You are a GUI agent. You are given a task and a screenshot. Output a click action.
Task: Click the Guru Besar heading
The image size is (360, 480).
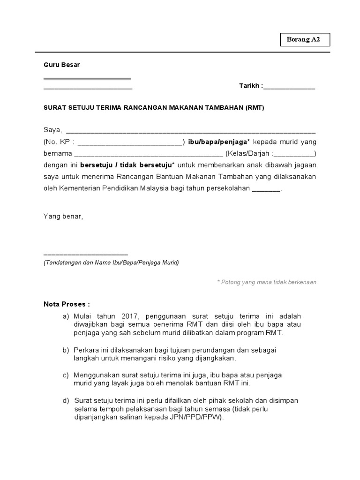tap(62, 65)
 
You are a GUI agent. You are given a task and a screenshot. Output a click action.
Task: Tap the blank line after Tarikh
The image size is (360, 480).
tap(289, 88)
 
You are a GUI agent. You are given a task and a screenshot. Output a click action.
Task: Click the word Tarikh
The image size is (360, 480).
tap(250, 87)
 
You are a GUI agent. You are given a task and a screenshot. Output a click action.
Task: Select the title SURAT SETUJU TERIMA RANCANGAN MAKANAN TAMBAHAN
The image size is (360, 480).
tap(154, 107)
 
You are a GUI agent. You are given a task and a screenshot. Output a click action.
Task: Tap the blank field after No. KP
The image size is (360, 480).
tap(129, 142)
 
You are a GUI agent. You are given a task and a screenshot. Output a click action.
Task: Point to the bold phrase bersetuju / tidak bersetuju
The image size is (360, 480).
tap(127, 165)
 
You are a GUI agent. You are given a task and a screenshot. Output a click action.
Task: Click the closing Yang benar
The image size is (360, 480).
tap(63, 217)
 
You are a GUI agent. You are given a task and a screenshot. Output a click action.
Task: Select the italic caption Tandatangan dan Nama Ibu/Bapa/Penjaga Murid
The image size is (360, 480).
tap(111, 262)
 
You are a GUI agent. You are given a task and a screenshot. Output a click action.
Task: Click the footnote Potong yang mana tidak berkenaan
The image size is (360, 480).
tap(266, 282)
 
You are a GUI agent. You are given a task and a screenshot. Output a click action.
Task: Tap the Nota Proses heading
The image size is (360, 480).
tap(67, 304)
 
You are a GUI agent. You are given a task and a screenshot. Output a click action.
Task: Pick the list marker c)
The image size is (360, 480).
tap(66, 375)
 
